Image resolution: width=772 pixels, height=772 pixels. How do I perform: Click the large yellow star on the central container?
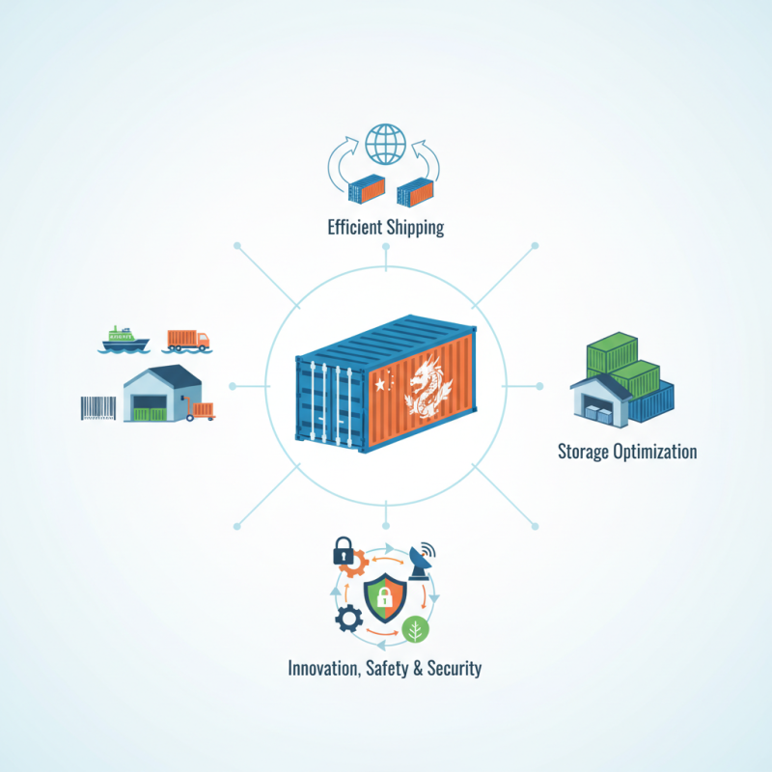(380, 383)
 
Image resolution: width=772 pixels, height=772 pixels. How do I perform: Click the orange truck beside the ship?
(187, 340)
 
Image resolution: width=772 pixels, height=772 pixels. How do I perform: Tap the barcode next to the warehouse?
(97, 408)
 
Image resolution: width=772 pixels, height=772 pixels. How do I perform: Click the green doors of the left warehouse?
(150, 413)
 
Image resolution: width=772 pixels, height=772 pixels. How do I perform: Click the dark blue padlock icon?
(343, 552)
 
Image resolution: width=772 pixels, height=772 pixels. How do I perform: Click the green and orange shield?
(383, 600)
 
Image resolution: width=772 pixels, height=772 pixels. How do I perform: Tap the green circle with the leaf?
(416, 629)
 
